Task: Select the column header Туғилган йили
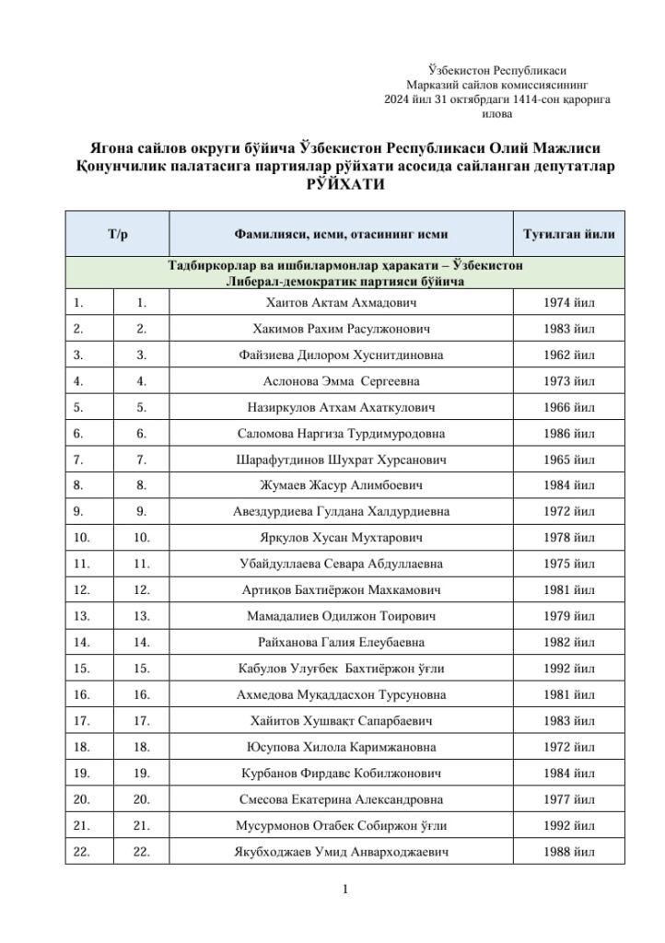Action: (568, 234)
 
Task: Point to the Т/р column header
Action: (117, 234)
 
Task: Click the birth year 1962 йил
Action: (568, 355)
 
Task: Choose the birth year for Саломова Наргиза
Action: (568, 433)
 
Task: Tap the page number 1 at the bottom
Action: (344, 890)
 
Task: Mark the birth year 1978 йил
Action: (568, 537)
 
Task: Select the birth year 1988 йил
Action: (568, 852)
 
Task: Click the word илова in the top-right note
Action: (497, 115)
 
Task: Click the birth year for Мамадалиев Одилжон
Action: (568, 616)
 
